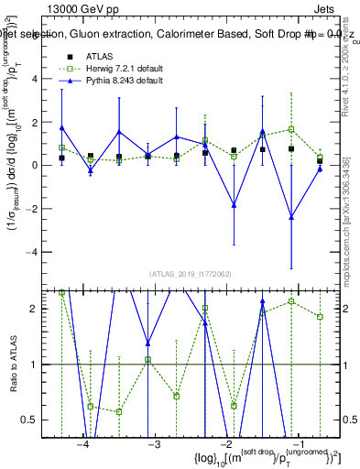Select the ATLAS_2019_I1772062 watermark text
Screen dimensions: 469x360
[x=190, y=274]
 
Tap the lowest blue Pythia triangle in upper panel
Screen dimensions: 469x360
[x=291, y=217]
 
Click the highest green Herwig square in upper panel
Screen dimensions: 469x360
[x=291, y=129]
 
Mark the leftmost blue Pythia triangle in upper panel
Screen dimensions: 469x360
[x=61, y=128]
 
